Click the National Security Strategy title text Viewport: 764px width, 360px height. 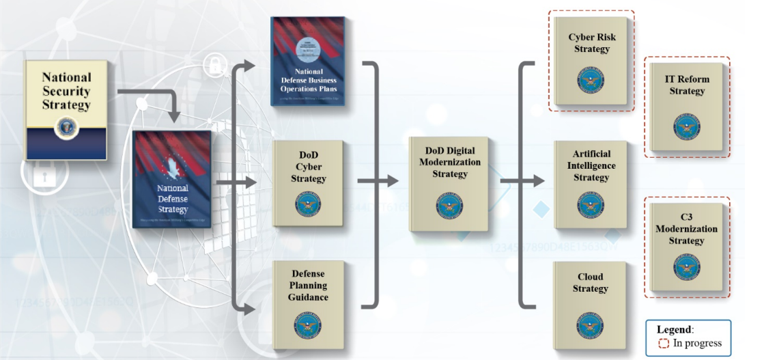(66, 91)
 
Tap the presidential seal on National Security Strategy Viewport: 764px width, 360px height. (66, 126)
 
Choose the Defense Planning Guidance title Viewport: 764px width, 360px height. (308, 286)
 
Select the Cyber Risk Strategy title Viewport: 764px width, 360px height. (591, 43)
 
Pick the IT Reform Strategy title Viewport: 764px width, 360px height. (686, 85)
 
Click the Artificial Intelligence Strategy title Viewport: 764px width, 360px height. (591, 165)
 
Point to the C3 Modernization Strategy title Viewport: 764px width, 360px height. (686, 229)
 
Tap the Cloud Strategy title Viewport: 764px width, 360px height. (590, 283)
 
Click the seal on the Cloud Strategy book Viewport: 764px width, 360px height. (590, 325)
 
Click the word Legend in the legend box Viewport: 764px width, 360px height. (673, 329)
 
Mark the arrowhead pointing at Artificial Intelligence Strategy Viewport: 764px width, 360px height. (539, 182)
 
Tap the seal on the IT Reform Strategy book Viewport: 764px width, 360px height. (686, 128)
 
